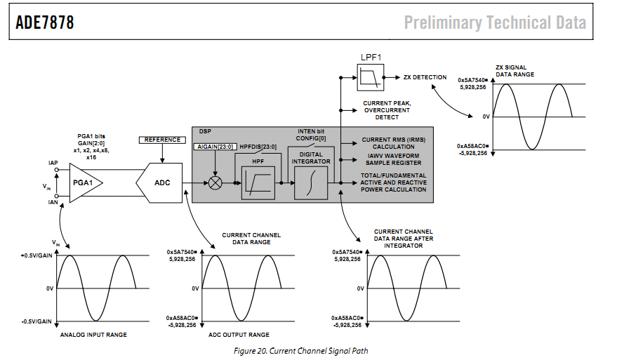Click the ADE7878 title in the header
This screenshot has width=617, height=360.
point(45,22)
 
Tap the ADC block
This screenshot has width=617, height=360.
point(162,184)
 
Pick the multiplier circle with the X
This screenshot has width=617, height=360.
point(215,182)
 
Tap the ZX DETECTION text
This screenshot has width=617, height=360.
point(425,76)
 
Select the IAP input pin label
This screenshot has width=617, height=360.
point(53,163)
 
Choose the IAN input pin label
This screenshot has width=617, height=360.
point(53,202)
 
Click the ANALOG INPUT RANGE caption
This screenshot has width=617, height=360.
point(93,335)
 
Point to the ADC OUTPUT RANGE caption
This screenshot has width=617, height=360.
point(239,335)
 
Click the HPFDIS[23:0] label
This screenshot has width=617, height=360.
point(259,146)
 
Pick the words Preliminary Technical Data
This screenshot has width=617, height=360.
point(495,22)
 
